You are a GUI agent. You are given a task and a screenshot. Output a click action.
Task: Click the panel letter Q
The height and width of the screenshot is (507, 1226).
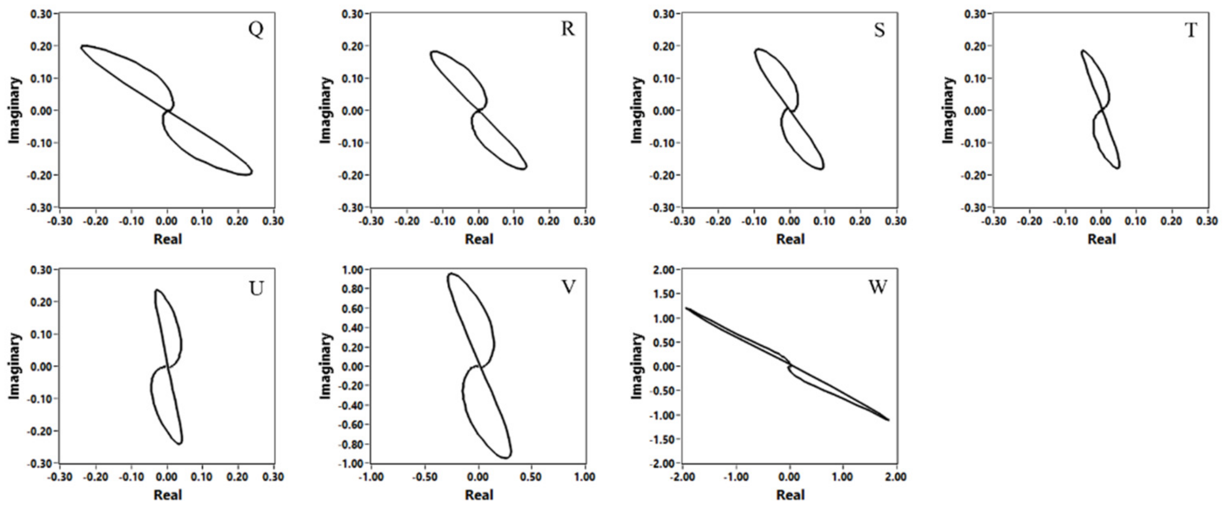coord(255,29)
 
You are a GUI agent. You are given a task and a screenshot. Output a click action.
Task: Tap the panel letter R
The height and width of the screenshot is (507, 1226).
coord(567,29)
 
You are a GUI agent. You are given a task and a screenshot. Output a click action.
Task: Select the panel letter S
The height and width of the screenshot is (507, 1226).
coord(879,30)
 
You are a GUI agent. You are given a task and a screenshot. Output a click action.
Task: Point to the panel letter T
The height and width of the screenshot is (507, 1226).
coord(1191,30)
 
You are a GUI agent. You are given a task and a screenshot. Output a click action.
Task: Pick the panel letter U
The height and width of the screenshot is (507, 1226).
coord(256,288)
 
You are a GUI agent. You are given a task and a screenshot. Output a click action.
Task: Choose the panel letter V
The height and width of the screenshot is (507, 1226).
coord(568,287)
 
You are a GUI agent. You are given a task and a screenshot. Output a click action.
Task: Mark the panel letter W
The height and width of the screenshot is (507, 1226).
coord(878,287)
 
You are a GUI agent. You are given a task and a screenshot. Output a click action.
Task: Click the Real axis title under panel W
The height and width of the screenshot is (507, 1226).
coord(790,495)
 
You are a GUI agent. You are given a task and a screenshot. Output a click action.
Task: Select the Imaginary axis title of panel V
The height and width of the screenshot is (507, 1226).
coord(326,366)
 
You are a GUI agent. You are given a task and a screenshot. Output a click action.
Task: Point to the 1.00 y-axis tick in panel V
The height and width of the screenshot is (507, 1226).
coord(353,270)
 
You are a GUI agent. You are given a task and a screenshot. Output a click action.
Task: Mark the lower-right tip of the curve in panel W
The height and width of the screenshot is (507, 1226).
coord(888,419)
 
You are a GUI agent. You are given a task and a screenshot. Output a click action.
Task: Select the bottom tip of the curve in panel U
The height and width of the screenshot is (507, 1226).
coord(179,443)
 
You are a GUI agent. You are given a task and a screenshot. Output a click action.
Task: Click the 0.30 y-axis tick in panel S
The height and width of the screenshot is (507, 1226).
coord(664,14)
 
